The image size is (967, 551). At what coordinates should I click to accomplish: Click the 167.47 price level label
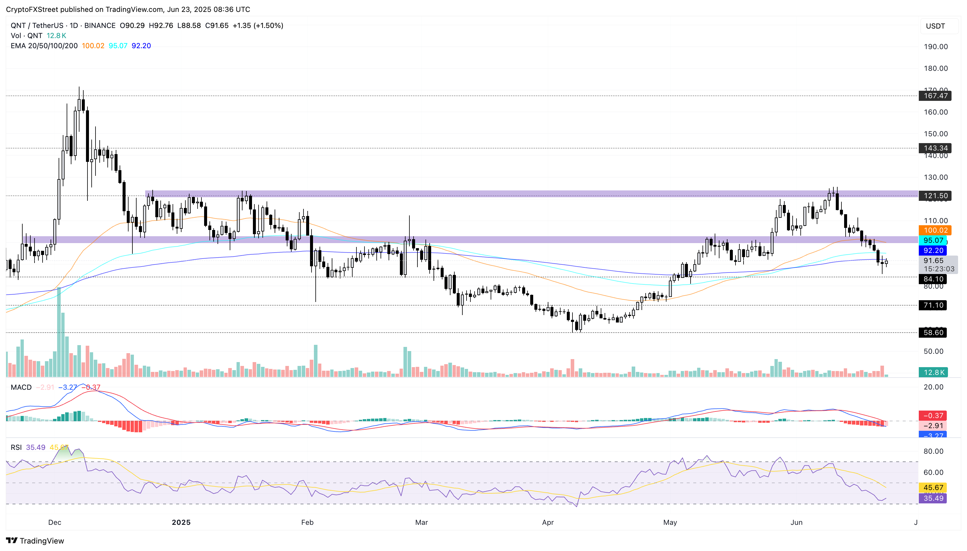tap(935, 96)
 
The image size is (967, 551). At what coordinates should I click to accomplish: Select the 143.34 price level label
tap(935, 148)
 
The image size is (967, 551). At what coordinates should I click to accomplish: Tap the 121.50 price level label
tap(935, 196)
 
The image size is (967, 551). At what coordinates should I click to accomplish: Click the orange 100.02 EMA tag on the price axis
tap(935, 230)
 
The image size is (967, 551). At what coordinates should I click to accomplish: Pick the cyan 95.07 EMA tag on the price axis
tap(933, 240)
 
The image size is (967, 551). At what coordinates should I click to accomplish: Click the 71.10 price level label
tap(933, 305)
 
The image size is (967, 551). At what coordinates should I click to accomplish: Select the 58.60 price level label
tap(933, 333)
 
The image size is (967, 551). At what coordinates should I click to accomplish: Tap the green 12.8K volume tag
tap(934, 372)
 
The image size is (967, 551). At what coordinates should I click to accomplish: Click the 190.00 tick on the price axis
tap(935, 46)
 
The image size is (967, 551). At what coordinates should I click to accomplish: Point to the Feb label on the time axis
tap(307, 522)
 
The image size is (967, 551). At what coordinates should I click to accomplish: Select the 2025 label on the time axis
tap(181, 522)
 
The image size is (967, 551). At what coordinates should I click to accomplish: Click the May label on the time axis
tap(669, 522)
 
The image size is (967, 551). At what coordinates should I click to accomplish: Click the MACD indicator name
tap(21, 387)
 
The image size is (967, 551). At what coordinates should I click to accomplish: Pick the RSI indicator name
tap(16, 447)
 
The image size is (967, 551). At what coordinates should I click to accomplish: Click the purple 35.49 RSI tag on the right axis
tap(933, 498)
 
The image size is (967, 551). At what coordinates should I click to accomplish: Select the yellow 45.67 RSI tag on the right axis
tap(933, 487)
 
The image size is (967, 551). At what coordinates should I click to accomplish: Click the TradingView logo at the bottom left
tap(35, 540)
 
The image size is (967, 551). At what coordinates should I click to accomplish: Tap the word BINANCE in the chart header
tap(100, 25)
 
